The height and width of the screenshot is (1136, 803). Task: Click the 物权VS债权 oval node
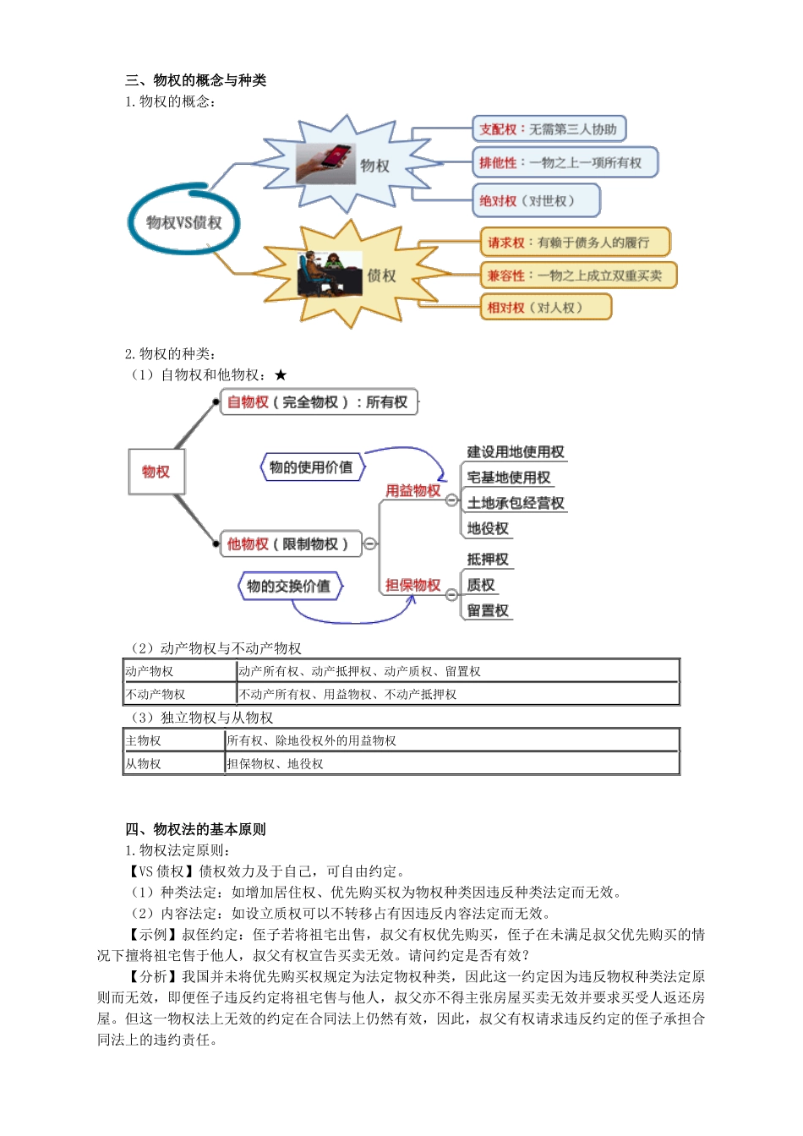183,222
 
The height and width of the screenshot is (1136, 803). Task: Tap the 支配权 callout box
549,129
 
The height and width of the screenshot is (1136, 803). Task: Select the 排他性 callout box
565,162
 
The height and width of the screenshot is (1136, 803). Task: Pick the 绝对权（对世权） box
536,201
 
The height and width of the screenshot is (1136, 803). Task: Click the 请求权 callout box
575,243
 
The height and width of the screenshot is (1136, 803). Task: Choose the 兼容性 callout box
578,276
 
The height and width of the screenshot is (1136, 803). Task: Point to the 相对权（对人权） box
545,308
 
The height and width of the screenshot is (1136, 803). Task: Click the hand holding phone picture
325,163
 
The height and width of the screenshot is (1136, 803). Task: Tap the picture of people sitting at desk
329,273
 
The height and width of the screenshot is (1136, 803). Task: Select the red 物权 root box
156,472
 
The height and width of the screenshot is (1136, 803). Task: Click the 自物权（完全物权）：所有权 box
320,402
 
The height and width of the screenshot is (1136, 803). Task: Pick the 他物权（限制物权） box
290,543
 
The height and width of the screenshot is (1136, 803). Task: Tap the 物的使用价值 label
311,467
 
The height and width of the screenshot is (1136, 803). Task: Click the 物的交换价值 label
289,586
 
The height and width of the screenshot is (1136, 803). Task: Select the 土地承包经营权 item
516,503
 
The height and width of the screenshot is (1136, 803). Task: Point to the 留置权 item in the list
488,610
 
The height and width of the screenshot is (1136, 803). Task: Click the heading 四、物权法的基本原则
195,829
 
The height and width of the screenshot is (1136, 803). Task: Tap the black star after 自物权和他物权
281,375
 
